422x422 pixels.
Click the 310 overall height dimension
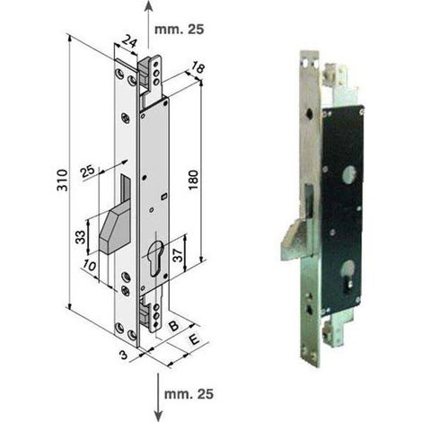pyautogui.click(x=63, y=180)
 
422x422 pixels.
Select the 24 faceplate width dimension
pyautogui.click(x=129, y=41)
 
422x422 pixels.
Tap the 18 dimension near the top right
pyautogui.click(x=198, y=68)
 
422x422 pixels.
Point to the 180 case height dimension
pyautogui.click(x=194, y=180)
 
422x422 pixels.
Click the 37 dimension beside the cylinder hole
pyautogui.click(x=178, y=255)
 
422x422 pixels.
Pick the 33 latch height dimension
pyautogui.click(x=80, y=237)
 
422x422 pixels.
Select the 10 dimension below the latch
pyautogui.click(x=90, y=266)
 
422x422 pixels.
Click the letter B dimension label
pyautogui.click(x=173, y=326)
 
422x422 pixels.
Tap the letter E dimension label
pyautogui.click(x=194, y=340)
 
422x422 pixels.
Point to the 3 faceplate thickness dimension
pyautogui.click(x=124, y=355)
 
